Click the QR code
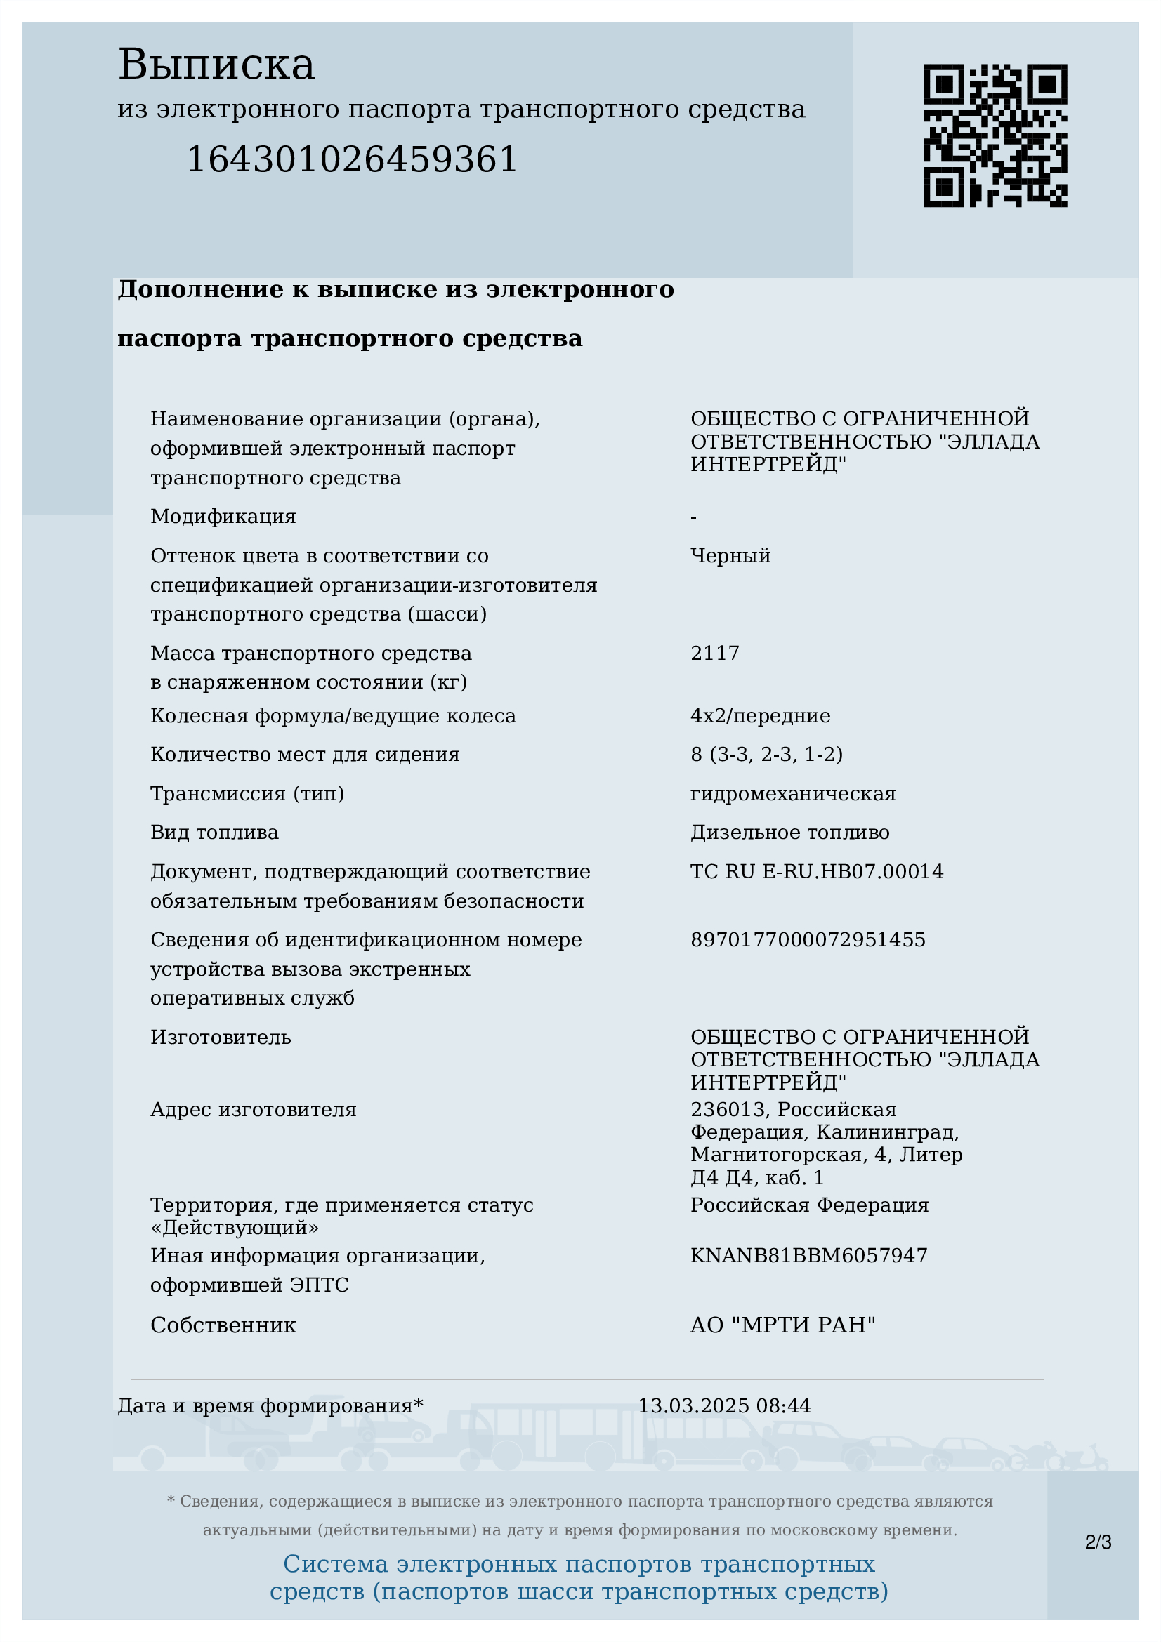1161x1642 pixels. click(x=995, y=136)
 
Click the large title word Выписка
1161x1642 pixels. click(x=216, y=65)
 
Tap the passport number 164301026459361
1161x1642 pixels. click(x=351, y=159)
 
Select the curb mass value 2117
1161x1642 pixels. click(x=714, y=653)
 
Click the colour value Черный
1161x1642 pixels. click(x=730, y=556)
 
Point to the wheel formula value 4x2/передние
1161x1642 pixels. click(x=761, y=716)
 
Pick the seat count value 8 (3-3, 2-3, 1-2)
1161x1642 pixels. click(x=766, y=755)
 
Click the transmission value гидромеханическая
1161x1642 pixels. click(x=792, y=794)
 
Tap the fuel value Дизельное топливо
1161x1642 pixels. click(x=789, y=833)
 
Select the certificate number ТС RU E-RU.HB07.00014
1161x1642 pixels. click(x=817, y=872)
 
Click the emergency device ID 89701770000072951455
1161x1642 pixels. click(x=808, y=940)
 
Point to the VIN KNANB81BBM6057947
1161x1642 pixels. click(x=808, y=1256)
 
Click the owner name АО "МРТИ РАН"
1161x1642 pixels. click(x=782, y=1325)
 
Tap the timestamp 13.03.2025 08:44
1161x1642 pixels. click(x=724, y=1406)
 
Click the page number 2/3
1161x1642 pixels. click(x=1098, y=1542)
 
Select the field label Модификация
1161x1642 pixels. click(x=223, y=517)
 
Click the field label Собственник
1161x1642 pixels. click(x=223, y=1325)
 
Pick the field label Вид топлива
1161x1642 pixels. click(x=215, y=833)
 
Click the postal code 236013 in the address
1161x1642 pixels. click(x=728, y=1110)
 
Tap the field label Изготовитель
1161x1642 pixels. click(x=221, y=1037)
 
